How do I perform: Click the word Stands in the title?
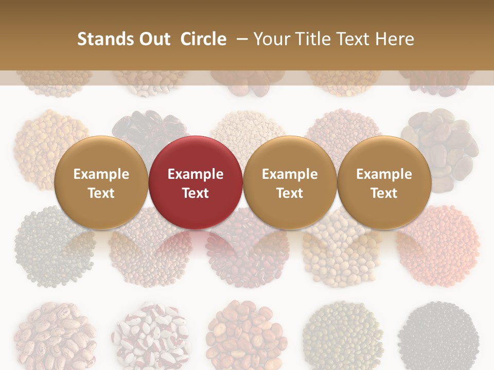[x=99, y=39]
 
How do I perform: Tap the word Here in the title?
[x=396, y=39]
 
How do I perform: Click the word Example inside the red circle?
[x=196, y=174]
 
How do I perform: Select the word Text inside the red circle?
[x=196, y=193]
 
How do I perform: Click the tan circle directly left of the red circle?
[x=101, y=183]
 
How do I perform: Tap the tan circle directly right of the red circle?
[x=290, y=183]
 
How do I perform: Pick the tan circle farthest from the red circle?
[x=384, y=183]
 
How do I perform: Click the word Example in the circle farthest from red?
[x=384, y=174]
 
